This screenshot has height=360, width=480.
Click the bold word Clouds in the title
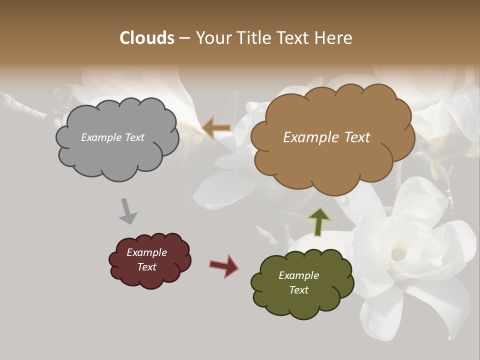[x=147, y=38]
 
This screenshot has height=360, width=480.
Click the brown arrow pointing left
[x=216, y=128]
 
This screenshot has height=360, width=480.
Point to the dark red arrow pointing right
[x=223, y=265]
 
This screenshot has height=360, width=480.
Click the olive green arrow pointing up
[x=319, y=221]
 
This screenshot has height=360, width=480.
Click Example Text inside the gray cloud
[x=113, y=137]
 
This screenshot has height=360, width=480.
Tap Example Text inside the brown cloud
[x=326, y=137]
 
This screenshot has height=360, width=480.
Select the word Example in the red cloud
[x=146, y=252]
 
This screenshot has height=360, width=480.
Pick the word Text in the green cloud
[x=298, y=290]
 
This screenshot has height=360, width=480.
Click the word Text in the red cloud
[x=146, y=267]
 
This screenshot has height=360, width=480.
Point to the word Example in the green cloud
[x=298, y=275]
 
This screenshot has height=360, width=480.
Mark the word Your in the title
[x=212, y=38]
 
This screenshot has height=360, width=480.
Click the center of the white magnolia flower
[x=397, y=255]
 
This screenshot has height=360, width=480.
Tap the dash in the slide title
[x=184, y=38]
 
